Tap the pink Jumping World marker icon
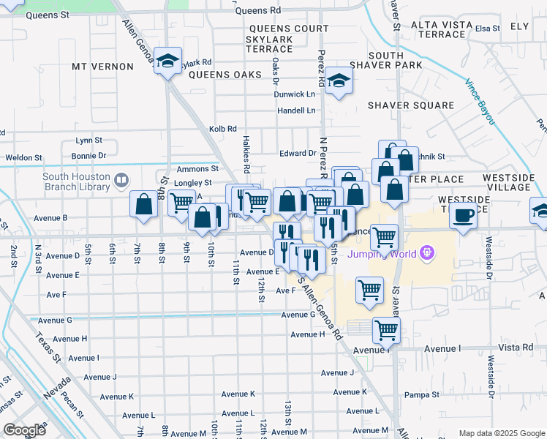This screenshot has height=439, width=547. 426,254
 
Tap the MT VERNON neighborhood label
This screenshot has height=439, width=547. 102,67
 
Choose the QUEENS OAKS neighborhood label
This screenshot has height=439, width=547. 225,75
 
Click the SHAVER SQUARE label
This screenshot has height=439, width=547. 410,105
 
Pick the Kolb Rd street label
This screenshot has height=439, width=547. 222,129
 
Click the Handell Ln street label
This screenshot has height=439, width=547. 295,110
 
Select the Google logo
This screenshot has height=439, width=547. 23,429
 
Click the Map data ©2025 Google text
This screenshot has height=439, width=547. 501,433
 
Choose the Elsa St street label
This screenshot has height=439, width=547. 487,29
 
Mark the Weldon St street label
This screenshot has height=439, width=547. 20,157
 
